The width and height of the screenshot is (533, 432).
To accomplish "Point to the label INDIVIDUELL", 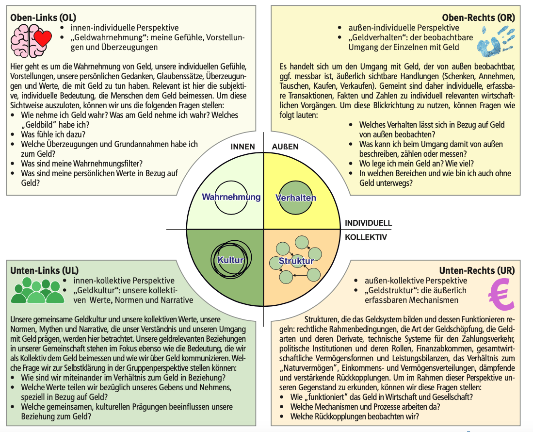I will click(368, 223).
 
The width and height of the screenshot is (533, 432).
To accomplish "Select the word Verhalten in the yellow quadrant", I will click(296, 198).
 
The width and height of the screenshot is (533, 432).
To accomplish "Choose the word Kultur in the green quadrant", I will click(230, 260).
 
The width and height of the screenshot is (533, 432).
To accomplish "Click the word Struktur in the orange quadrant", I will click(296, 261).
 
